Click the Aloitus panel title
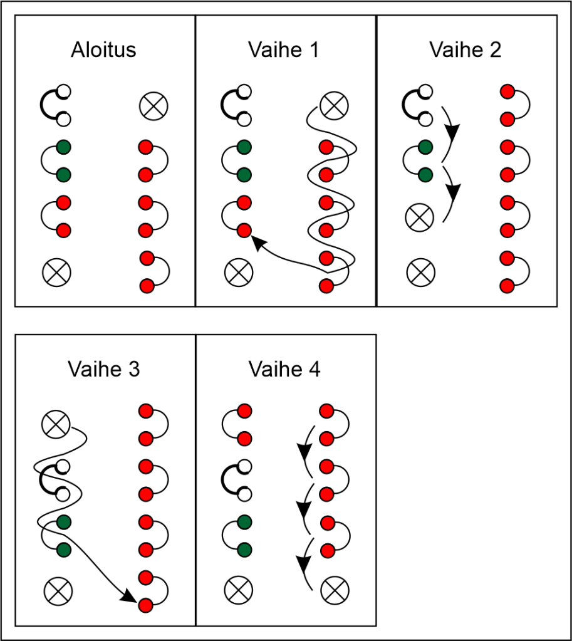coord(103,50)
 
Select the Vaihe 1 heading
coord(284,50)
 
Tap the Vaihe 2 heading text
coord(465,50)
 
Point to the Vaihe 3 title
coord(103,369)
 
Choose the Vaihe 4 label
coord(284,369)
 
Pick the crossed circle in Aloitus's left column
coord(57,271)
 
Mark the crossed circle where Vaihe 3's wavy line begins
coord(56,424)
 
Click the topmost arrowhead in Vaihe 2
coord(452,132)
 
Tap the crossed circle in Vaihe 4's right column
coord(335,590)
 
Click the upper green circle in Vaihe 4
coord(244,521)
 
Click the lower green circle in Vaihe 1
coord(244,174)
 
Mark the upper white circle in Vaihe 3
coord(63,466)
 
